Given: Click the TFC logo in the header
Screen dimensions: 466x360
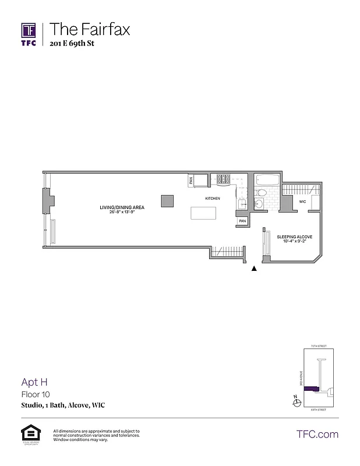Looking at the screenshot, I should (29, 33).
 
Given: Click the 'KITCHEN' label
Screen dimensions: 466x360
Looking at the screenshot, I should (212, 199).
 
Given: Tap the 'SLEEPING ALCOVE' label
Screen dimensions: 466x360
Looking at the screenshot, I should (295, 236).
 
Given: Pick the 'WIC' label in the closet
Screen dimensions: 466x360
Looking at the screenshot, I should (302, 202).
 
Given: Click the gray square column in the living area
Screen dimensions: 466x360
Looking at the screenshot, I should (167, 200).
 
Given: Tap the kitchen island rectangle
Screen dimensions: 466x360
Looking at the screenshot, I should (203, 213).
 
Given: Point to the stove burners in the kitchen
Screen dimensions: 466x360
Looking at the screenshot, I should (224, 179).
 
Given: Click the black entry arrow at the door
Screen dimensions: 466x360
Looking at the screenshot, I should (254, 269).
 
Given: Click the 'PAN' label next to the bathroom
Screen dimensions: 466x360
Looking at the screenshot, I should (242, 221).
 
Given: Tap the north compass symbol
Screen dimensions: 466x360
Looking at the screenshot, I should (295, 399).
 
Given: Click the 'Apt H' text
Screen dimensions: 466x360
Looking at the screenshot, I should (34, 382).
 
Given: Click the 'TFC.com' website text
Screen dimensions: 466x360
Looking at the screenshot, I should (317, 434).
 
